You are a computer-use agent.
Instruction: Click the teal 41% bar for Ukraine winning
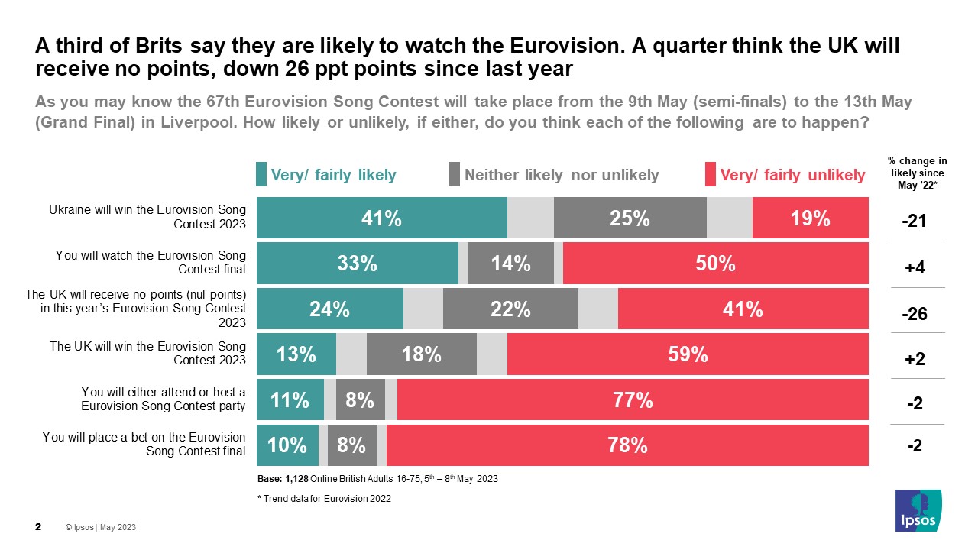[x=381, y=218]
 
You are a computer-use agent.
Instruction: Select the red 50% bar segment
[x=715, y=264]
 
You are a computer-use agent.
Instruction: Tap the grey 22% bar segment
[x=510, y=309]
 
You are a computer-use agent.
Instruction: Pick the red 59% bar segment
[x=688, y=354]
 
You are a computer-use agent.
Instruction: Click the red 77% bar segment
[x=633, y=400]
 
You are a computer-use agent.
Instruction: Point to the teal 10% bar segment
[x=287, y=445]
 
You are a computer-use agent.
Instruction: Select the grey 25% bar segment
[x=630, y=218]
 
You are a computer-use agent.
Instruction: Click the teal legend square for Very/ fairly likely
[x=261, y=175]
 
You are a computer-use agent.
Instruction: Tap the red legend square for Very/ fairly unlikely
[x=710, y=175]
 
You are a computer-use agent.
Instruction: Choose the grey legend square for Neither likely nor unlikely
[x=454, y=175]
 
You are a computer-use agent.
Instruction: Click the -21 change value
[x=915, y=222]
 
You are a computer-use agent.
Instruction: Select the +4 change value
[x=915, y=267]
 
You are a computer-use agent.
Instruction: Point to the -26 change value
[x=915, y=313]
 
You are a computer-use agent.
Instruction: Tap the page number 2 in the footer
[x=38, y=527]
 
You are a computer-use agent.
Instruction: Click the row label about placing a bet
[x=144, y=444]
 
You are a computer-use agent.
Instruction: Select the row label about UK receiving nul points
[x=136, y=309]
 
